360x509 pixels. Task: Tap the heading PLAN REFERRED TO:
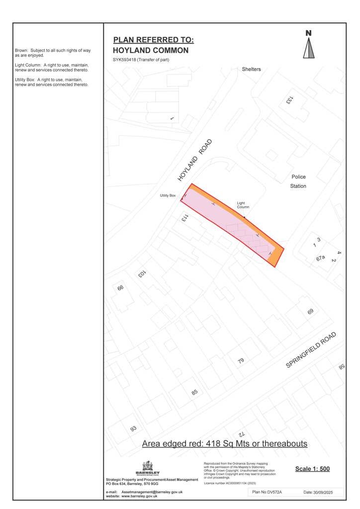(x=153, y=40)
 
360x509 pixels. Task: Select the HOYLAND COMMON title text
(x=151, y=51)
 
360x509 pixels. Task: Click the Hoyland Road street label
(x=195, y=160)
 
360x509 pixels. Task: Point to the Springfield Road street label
(x=311, y=350)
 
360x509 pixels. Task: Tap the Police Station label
(x=298, y=181)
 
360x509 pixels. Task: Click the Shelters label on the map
(x=251, y=69)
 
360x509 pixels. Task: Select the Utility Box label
(x=168, y=196)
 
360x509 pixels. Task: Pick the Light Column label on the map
(x=243, y=205)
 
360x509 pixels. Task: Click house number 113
(x=183, y=217)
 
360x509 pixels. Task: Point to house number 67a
(x=320, y=258)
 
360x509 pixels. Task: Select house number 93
(x=133, y=428)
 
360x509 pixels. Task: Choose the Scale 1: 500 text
(x=312, y=468)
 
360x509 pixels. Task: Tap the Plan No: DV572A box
(x=268, y=492)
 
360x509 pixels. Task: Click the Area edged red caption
(x=225, y=443)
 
